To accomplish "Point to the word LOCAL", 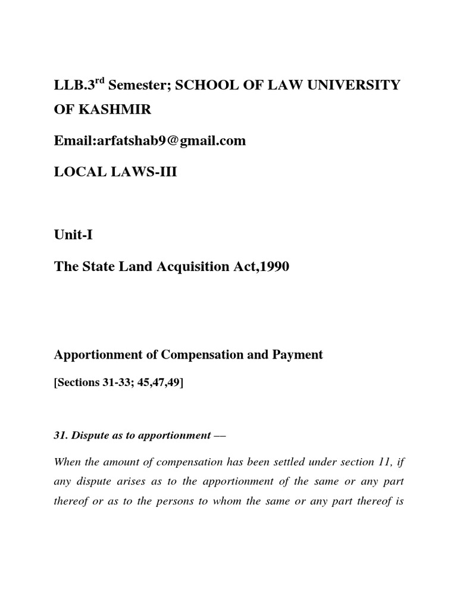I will coord(79,172).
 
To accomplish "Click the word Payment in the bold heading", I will coord(296,354).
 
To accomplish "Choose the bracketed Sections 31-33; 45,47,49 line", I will coord(119,382).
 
